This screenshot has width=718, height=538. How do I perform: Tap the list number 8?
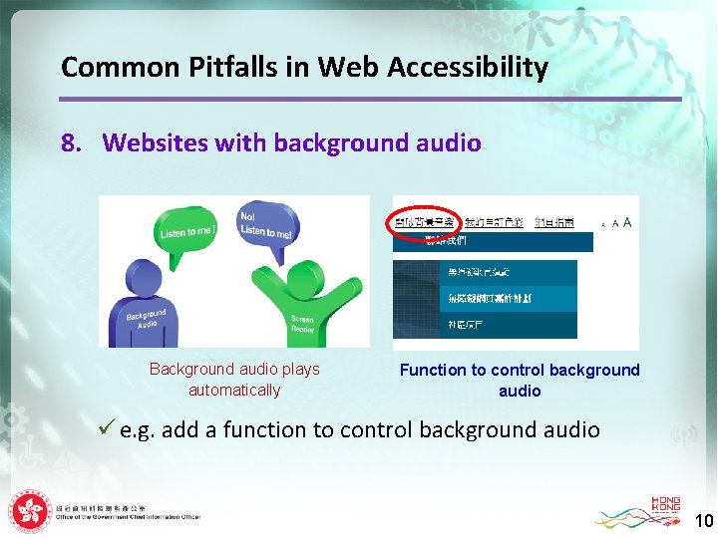(x=71, y=143)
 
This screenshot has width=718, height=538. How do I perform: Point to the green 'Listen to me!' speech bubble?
(x=184, y=233)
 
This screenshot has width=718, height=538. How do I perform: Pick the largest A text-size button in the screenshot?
(x=626, y=222)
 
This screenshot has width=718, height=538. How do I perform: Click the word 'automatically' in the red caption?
(x=234, y=391)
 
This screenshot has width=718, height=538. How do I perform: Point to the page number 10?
(x=703, y=520)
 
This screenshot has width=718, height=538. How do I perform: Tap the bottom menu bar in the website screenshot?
(x=485, y=325)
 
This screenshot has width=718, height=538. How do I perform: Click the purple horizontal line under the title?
(x=370, y=99)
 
